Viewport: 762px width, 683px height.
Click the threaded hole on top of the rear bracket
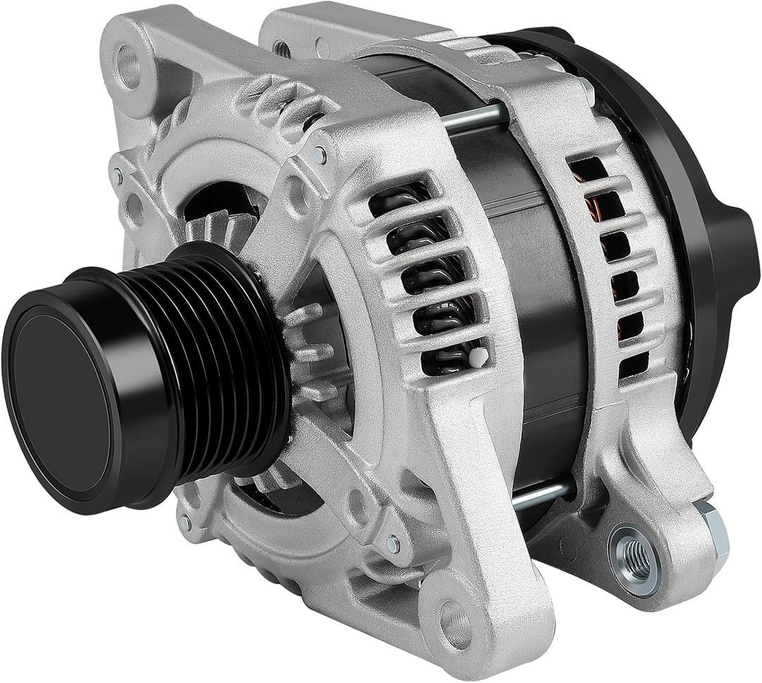[280, 48]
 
